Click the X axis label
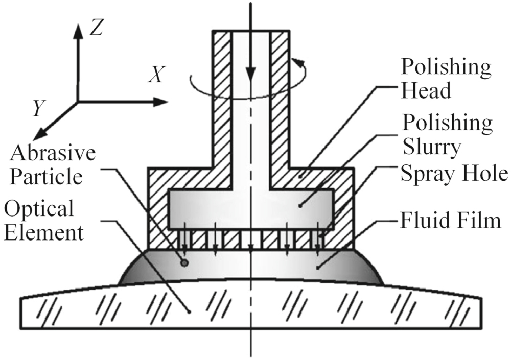156,76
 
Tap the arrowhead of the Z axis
77,30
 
